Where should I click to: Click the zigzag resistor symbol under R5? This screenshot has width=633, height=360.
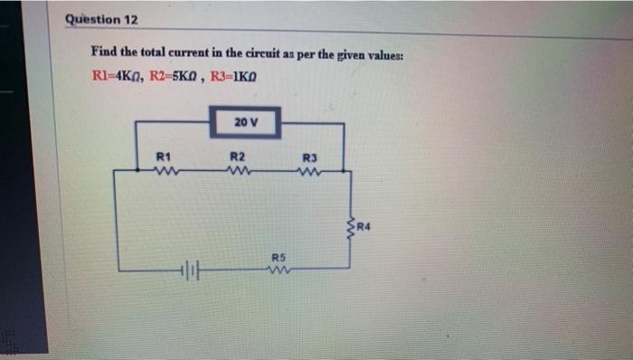coord(279,268)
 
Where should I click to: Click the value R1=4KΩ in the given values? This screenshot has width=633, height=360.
coord(118,75)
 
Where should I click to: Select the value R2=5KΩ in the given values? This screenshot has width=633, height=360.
coord(174,75)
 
